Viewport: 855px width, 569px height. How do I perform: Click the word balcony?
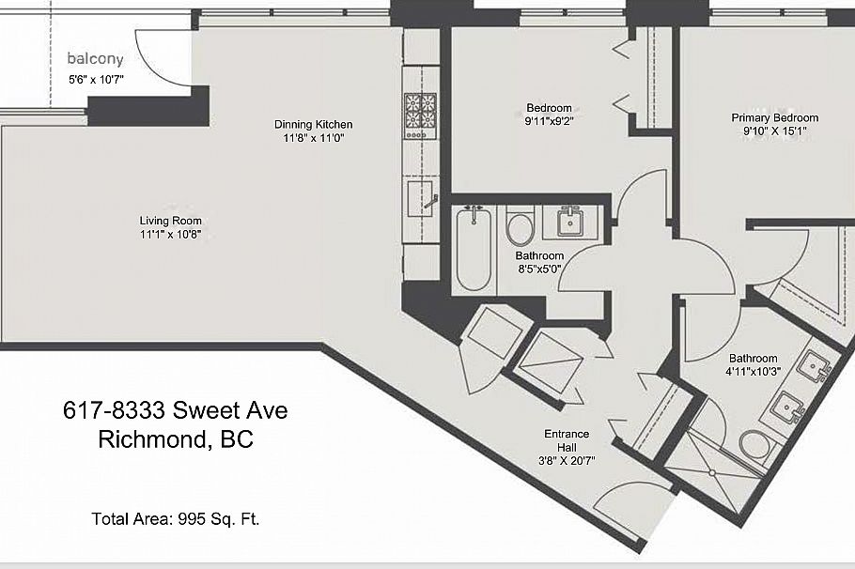point(96,59)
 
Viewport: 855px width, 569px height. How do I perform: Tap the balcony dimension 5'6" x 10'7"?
point(96,80)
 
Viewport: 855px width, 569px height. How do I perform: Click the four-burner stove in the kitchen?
point(420,116)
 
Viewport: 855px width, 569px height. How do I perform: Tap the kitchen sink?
point(420,198)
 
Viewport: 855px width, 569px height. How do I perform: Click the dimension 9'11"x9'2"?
point(549,121)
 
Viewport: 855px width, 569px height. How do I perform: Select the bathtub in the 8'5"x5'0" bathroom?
point(474,249)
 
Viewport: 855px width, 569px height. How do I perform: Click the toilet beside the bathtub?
point(520,226)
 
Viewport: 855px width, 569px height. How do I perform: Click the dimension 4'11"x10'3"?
point(753,371)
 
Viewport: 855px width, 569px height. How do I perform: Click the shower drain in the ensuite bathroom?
point(712,472)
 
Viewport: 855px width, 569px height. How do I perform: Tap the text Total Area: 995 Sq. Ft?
point(176,519)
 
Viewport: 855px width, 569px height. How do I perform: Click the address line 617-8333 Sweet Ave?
point(176,410)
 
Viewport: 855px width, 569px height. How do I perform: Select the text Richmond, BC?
point(176,439)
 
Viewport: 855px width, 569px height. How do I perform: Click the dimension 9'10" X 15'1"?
point(775,131)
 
